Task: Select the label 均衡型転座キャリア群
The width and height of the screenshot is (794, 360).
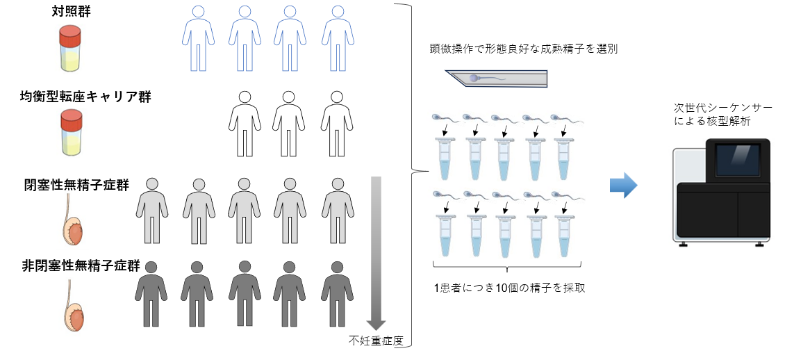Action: pos(86,97)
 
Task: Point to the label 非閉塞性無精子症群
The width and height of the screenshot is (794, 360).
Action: pos(81,265)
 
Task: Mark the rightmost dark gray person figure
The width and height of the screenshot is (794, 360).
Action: pos(337,293)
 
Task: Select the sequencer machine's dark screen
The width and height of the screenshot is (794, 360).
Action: pos(738,159)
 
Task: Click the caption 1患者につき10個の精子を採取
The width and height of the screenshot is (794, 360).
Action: pos(506,288)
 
